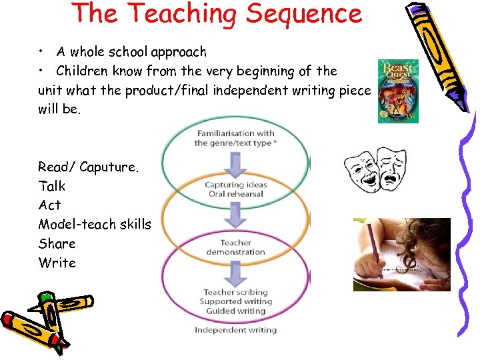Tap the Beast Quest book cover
398,91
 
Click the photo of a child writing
401,255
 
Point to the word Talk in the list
52,186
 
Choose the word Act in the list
49,205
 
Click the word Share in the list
57,243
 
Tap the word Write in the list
57,263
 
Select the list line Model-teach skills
95,224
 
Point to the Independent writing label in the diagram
235,330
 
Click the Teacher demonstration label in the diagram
235,247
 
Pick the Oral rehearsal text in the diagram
235,194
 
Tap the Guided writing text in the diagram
235,311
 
